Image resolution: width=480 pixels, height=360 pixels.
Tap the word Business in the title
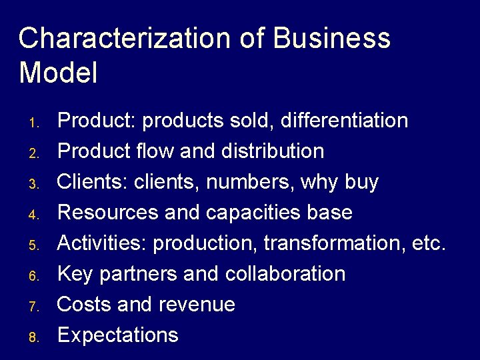tap(332, 39)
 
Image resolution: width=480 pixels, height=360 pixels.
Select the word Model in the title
tap(59, 73)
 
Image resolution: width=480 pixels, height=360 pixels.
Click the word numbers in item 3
tap(251, 182)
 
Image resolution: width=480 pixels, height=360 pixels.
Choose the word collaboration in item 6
tap(285, 274)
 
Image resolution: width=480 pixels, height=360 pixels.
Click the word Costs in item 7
tap(85, 305)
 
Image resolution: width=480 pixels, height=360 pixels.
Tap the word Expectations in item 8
tap(118, 335)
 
